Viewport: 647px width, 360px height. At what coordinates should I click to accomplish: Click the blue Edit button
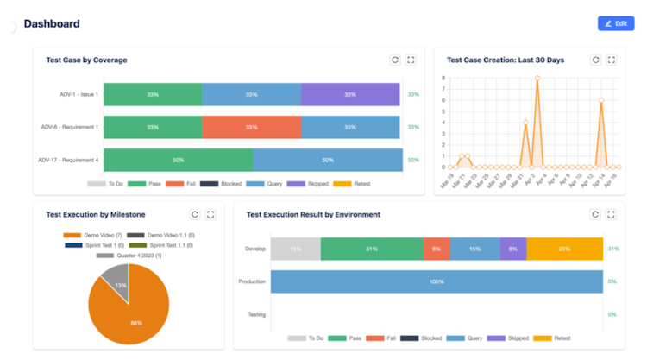615,23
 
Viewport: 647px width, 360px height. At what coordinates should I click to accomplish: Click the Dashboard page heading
52,23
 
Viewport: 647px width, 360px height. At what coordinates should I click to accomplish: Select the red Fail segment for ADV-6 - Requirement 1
251,127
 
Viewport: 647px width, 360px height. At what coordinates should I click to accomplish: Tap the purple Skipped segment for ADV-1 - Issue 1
350,94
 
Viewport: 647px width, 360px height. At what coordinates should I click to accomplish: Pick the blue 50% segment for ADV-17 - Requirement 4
328,160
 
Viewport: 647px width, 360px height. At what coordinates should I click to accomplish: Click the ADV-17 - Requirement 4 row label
68,160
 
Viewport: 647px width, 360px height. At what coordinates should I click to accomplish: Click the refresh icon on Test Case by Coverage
394,60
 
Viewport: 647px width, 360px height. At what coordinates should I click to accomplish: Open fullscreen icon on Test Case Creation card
612,60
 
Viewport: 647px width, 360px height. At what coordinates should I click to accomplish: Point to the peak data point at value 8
537,78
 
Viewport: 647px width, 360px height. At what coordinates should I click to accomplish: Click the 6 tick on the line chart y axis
443,100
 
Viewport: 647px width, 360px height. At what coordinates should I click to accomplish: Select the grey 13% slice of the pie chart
115,282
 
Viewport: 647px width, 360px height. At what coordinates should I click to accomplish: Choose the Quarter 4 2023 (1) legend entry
129,256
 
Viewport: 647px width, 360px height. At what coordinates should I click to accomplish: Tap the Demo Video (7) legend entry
91,235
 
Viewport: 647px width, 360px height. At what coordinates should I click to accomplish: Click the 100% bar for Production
436,281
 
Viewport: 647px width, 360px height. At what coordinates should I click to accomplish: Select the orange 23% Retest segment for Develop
564,249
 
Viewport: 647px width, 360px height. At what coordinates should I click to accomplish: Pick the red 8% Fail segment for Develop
437,249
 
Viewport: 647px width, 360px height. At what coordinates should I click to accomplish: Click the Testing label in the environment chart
256,314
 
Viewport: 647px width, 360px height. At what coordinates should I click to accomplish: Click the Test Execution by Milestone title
96,214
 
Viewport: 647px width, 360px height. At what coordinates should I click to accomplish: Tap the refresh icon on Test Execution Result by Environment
595,214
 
